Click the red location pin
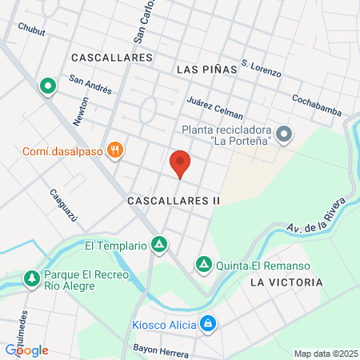point(180,163)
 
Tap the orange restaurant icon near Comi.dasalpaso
point(117,148)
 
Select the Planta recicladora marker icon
point(284,133)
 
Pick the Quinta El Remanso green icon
point(204,263)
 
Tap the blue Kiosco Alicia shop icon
point(208,324)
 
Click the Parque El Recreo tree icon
point(32,278)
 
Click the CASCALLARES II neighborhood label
point(173,202)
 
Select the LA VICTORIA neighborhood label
point(286,282)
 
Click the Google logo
point(27,350)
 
